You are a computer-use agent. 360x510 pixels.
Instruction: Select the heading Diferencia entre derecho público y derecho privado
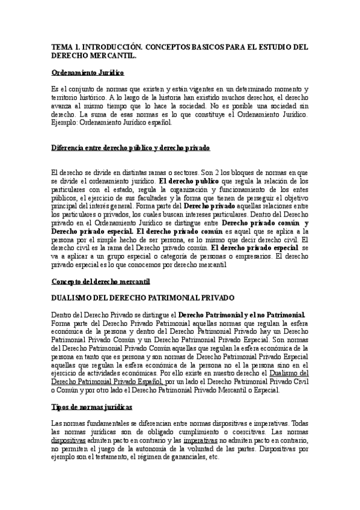point(131,147)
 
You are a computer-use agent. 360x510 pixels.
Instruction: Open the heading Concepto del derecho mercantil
point(100,281)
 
